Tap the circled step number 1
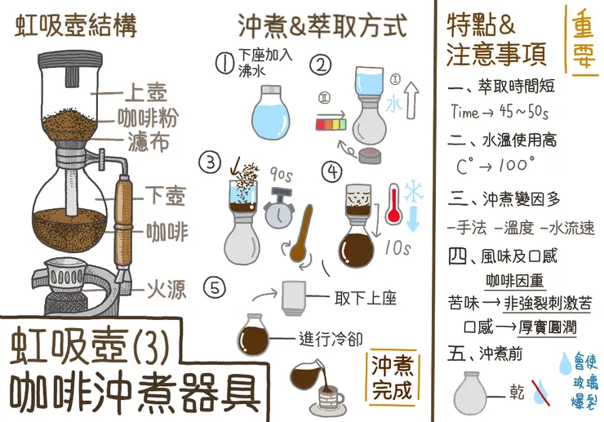(x=224, y=63)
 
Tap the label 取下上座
(x=365, y=298)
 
